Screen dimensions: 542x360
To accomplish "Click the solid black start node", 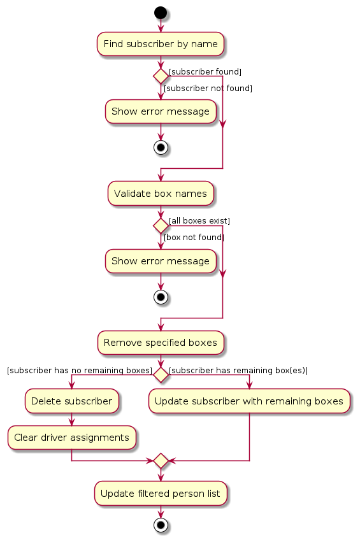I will pyautogui.click(x=161, y=13).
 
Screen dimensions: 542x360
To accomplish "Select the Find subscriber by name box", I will pyautogui.click(x=161, y=44).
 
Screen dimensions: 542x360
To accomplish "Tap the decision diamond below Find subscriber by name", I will pyautogui.click(x=161, y=76).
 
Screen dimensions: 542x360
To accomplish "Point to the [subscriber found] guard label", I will pyautogui.click(x=205, y=71).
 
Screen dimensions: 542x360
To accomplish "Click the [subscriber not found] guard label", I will pyautogui.click(x=208, y=88).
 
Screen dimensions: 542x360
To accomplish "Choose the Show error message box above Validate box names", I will pyautogui.click(x=161, y=111).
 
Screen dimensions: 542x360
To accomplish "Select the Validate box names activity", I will pyautogui.click(x=161, y=194).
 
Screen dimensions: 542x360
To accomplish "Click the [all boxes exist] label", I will pyautogui.click(x=199, y=221).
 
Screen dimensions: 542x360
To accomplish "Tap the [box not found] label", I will pyautogui.click(x=194, y=238).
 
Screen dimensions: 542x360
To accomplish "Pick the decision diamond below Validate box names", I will pyautogui.click(x=161, y=225).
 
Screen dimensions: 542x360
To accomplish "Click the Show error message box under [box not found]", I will pyautogui.click(x=161, y=261).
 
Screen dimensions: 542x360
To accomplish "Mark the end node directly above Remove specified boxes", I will pyautogui.click(x=161, y=297).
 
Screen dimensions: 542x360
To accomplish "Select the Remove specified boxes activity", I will pyautogui.click(x=161, y=343).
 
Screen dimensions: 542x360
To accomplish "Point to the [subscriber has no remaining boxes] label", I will pyautogui.click(x=80, y=371).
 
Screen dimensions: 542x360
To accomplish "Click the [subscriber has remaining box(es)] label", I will pyautogui.click(x=238, y=371).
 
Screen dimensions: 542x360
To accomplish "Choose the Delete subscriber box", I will pyautogui.click(x=71, y=401).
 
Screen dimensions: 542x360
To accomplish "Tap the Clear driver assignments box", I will pyautogui.click(x=71, y=438).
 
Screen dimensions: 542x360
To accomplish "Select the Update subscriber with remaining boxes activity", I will pyautogui.click(x=249, y=401).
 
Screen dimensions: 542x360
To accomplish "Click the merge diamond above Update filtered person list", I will pyautogui.click(x=161, y=460).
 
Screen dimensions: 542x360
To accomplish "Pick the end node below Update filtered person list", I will pyautogui.click(x=161, y=525).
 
